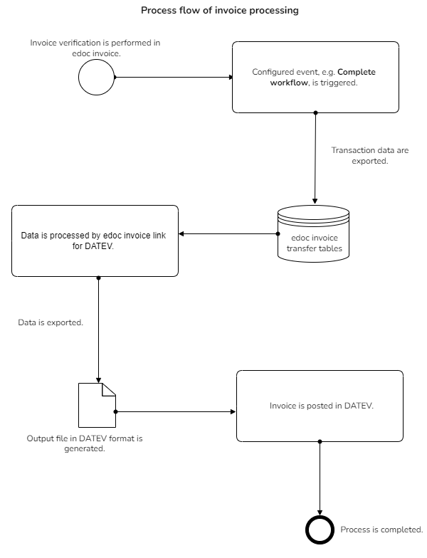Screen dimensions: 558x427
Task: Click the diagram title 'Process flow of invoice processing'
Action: tap(219, 11)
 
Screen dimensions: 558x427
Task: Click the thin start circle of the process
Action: tap(96, 77)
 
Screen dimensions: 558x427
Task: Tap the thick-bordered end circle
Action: tap(320, 530)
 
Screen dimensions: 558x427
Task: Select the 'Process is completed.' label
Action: tap(381, 530)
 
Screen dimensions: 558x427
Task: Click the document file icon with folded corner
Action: tap(96, 405)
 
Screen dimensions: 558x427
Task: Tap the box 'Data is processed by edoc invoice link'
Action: tap(95, 240)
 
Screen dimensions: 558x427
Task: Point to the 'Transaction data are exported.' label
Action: tap(360, 156)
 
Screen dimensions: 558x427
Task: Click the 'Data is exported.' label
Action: tap(51, 322)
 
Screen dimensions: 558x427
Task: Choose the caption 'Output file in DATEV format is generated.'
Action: tap(85, 443)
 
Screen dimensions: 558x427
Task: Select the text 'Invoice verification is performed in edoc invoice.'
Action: tap(95, 48)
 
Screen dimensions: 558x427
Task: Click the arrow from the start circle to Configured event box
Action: tap(174, 77)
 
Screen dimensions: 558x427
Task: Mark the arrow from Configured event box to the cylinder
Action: tap(315, 157)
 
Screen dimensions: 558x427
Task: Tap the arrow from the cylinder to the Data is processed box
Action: tap(228, 233)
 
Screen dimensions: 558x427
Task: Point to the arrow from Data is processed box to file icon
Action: tap(97, 327)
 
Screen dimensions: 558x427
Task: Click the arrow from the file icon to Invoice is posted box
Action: tap(175, 411)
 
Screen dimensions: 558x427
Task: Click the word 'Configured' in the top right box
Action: tap(274, 73)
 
